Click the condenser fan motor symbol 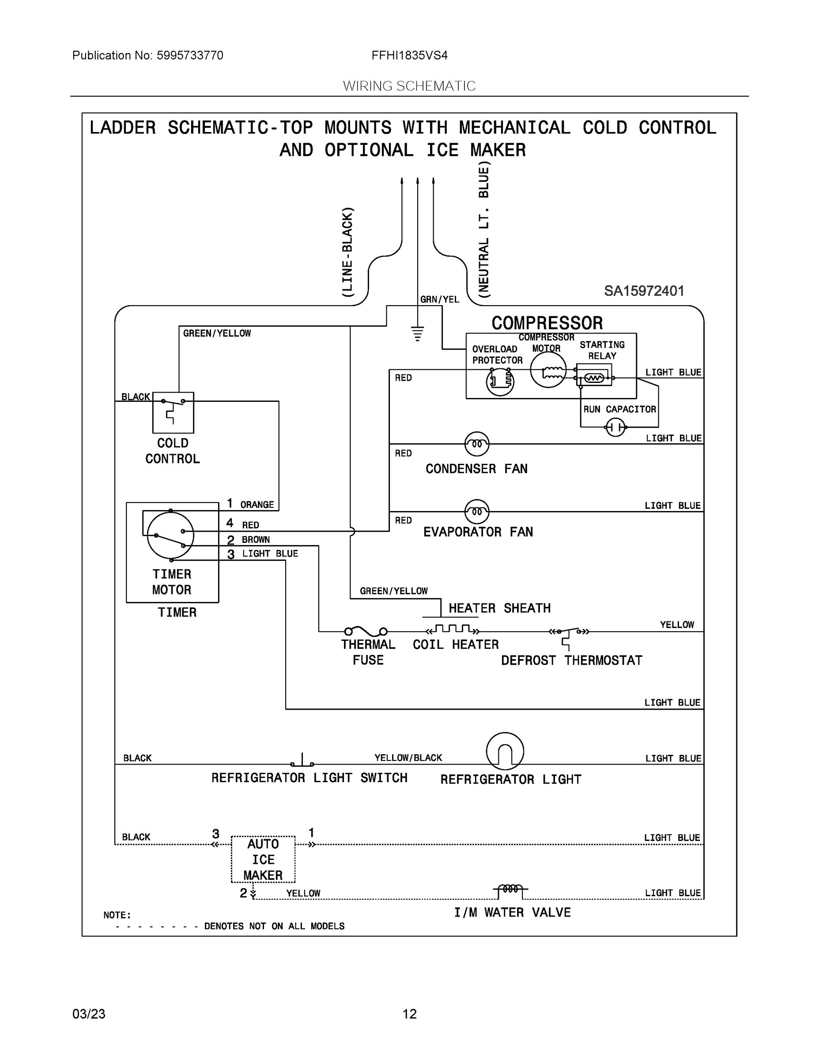[x=476, y=443]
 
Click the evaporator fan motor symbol [x=476, y=511]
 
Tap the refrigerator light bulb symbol [x=505, y=751]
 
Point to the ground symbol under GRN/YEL [x=417, y=333]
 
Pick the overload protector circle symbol [x=500, y=382]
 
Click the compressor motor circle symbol [x=548, y=370]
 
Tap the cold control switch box [x=173, y=412]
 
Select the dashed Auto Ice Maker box [x=263, y=859]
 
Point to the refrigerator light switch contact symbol [x=302, y=760]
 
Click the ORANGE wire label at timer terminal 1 [x=257, y=505]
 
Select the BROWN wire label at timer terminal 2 [x=256, y=540]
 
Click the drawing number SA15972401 [x=644, y=291]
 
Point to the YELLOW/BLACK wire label [x=408, y=757]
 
